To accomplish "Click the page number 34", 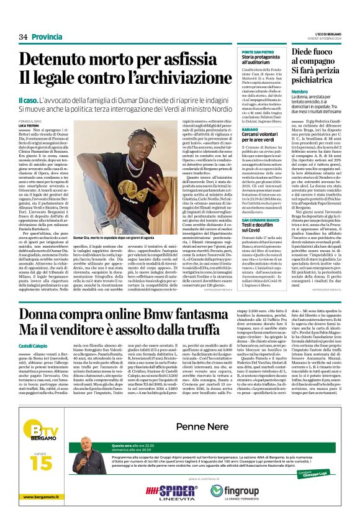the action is tap(24, 37).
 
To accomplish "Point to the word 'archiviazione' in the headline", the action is tap(171, 79).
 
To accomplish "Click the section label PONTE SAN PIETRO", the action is tap(254, 52).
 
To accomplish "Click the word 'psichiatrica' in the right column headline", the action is tap(314, 79).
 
